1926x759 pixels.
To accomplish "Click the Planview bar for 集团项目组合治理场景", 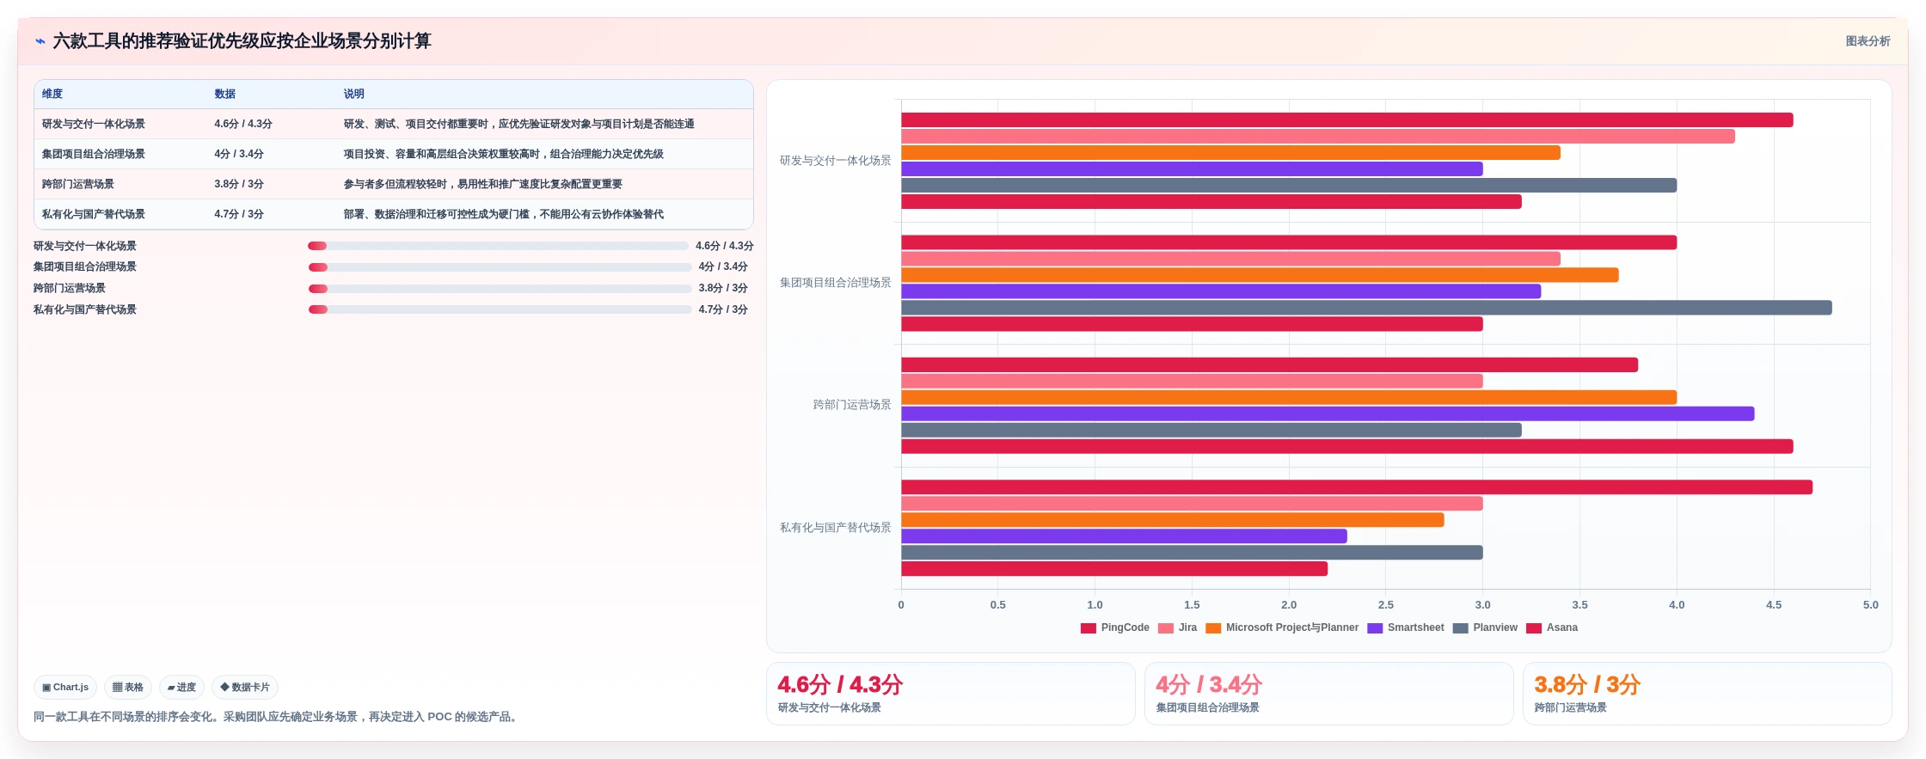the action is (1366, 308).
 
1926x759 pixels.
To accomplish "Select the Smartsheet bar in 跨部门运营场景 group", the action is (1328, 413).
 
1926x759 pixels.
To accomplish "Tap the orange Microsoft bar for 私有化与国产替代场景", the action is (1173, 520).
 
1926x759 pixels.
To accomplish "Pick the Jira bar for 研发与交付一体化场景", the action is (1318, 137).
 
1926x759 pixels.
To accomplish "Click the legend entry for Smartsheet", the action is (1406, 627).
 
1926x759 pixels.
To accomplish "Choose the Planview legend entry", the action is (1486, 627).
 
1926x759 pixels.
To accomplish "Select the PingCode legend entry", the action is (1115, 627).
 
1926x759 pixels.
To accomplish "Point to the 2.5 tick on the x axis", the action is (1386, 605).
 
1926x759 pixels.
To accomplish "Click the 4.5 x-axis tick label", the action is (1774, 605).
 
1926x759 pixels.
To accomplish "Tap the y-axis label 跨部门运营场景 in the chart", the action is (852, 405).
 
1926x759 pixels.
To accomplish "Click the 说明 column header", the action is (354, 94).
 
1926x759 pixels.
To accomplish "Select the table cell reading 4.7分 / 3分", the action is (239, 214).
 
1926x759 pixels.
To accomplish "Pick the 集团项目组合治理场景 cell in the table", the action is (94, 154).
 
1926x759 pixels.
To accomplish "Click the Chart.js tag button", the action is (65, 688).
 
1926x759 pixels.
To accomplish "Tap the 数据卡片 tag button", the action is (245, 688).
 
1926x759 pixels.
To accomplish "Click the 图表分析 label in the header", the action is (1868, 41).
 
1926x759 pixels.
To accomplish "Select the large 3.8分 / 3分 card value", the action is (1587, 685).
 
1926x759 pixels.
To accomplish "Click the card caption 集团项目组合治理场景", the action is (1208, 708).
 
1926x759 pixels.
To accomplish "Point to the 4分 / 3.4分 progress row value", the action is (723, 266).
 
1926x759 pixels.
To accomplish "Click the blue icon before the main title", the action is (40, 41).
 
